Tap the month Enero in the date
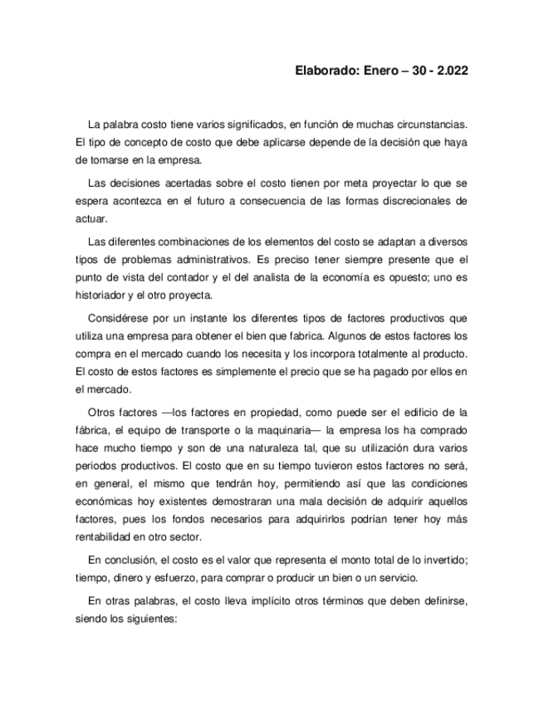(x=380, y=71)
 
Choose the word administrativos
(x=201, y=260)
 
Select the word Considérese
(x=116, y=319)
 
